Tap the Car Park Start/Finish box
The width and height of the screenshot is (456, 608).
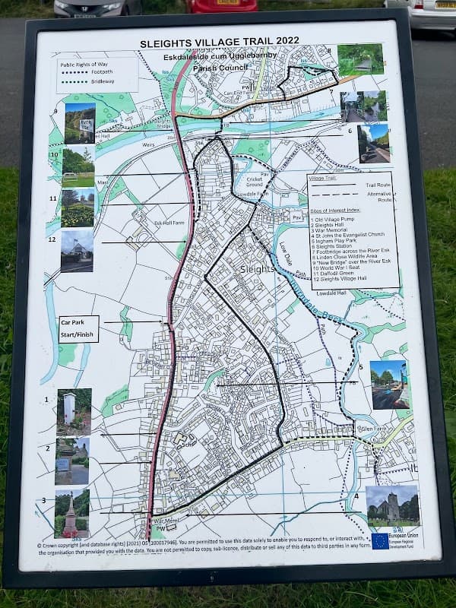coord(79,328)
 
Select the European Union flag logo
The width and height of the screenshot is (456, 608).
coord(379,541)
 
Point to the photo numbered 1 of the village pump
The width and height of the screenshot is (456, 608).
coord(74,412)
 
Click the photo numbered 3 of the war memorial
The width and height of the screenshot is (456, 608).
coord(72,514)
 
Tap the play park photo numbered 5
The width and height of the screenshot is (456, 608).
coord(389,385)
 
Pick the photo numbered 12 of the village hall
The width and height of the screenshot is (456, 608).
coord(77,252)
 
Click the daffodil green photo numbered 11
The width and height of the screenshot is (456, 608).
coord(78,208)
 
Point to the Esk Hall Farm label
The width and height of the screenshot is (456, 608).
coord(169,223)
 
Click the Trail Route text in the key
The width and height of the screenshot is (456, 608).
coord(378,184)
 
